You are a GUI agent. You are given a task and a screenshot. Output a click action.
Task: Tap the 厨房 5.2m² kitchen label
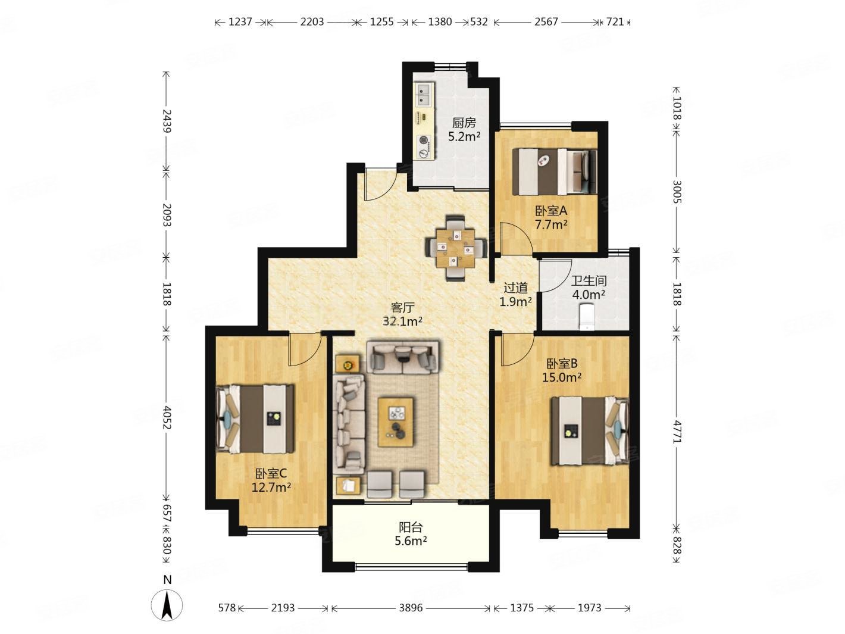(464, 129)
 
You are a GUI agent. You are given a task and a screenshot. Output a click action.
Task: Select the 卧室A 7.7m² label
(551, 217)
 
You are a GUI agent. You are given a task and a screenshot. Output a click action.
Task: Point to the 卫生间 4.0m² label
(589, 288)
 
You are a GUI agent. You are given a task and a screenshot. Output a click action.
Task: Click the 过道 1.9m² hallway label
(515, 295)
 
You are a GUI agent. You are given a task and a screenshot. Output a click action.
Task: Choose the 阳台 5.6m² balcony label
(411, 534)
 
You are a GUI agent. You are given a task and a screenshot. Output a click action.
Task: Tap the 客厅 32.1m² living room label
(403, 314)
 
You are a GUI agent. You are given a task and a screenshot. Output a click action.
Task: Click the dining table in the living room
(456, 248)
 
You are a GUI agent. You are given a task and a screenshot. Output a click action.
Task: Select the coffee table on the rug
(395, 422)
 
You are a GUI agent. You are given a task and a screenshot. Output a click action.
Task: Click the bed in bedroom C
(255, 418)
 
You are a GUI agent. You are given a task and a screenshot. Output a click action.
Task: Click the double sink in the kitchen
(424, 95)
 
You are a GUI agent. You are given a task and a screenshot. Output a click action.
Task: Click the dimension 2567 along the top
(546, 22)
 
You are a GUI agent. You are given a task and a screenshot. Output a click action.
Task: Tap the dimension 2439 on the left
(167, 121)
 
